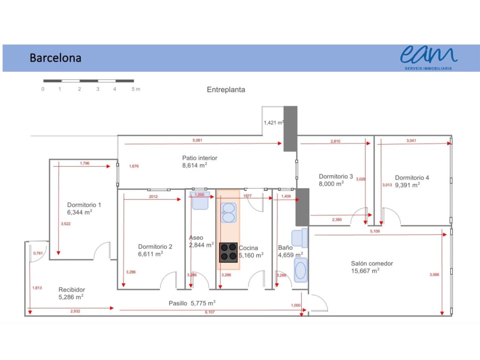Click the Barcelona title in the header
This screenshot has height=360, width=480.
click(x=55, y=58)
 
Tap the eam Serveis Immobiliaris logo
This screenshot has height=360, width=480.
click(x=428, y=57)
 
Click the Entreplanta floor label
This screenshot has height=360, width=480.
click(x=226, y=90)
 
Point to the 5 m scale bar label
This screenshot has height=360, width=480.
click(x=136, y=89)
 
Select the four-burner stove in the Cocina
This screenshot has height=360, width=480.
click(x=228, y=252)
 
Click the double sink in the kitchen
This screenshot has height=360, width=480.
click(x=228, y=213)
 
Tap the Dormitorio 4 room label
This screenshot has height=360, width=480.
click(x=412, y=178)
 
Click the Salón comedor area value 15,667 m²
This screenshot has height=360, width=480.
click(x=365, y=271)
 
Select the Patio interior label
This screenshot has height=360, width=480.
click(x=199, y=158)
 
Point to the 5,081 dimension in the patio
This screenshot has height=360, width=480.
click(x=197, y=140)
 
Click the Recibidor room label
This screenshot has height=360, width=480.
click(x=72, y=289)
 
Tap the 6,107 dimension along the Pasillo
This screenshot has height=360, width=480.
click(x=210, y=312)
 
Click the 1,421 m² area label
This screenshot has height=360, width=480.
click(x=273, y=123)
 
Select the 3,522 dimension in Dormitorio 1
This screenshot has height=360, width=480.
click(x=66, y=224)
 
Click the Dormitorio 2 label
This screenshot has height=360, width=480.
click(x=155, y=246)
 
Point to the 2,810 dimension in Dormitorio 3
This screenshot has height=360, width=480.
click(x=335, y=141)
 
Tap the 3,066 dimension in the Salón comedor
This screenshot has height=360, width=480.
click(x=434, y=275)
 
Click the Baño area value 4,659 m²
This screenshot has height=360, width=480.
click(x=290, y=255)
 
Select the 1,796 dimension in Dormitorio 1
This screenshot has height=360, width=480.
click(x=85, y=163)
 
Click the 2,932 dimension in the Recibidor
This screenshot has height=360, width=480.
click(x=75, y=311)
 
